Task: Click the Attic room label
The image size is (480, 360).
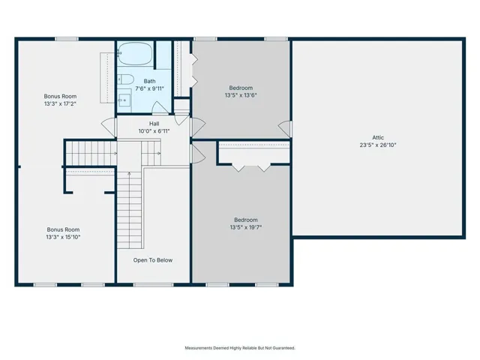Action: tap(378, 137)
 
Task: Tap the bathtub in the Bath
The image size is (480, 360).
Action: tap(135, 53)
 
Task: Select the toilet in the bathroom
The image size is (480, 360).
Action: tap(125, 79)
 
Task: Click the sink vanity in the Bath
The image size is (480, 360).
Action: tap(124, 100)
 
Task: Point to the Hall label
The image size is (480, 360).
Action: tap(154, 124)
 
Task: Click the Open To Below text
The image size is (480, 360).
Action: tap(153, 260)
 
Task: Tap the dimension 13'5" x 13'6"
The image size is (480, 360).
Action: tap(241, 95)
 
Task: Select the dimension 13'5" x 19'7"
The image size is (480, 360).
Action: tap(246, 227)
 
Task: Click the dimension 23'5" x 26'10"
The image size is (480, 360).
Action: tap(378, 145)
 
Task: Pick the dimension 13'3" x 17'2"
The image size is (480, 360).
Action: tap(60, 103)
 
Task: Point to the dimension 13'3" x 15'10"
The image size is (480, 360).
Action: tap(63, 237)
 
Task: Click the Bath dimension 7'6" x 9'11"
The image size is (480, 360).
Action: tap(150, 88)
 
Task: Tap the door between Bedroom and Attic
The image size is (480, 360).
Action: tap(285, 128)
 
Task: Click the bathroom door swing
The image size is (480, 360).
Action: tap(160, 108)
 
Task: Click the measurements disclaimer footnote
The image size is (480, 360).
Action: tap(240, 348)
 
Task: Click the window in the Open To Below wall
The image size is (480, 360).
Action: tap(153, 285)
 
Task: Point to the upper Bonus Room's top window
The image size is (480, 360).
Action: tap(67, 39)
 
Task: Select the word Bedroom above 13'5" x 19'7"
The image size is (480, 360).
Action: tap(246, 220)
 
